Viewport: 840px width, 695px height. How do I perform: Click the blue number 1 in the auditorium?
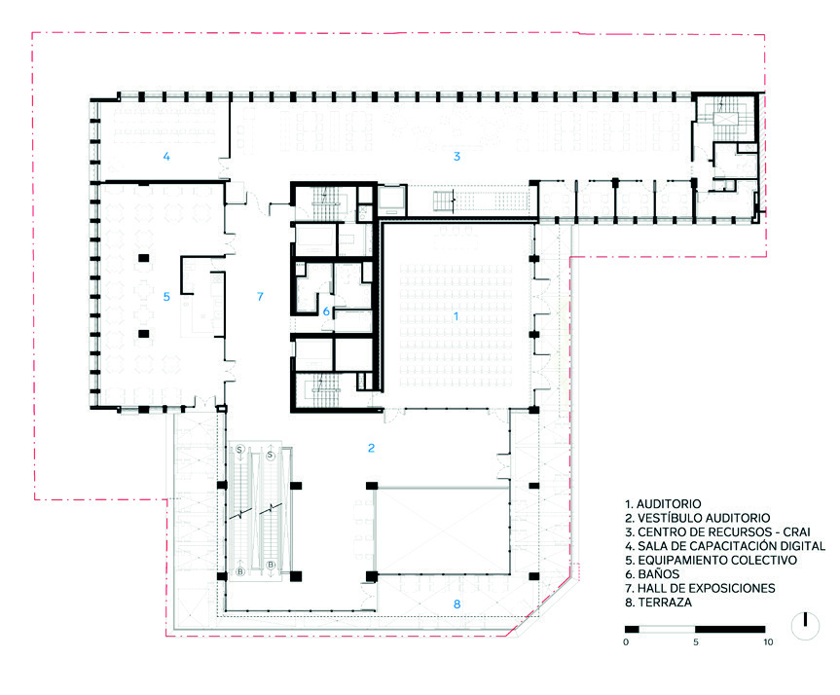click(x=456, y=316)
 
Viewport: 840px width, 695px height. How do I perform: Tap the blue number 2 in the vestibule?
click(x=371, y=448)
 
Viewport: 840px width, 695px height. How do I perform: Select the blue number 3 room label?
click(x=457, y=157)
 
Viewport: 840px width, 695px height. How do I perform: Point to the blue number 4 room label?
click(x=166, y=157)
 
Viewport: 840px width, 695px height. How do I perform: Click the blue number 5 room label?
click(x=166, y=296)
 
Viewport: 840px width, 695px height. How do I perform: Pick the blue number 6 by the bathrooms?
click(x=326, y=311)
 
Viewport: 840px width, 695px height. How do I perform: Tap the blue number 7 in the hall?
click(x=260, y=296)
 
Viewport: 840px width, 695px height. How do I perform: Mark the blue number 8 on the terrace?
click(x=457, y=604)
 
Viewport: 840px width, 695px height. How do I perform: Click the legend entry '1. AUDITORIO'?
click(x=663, y=503)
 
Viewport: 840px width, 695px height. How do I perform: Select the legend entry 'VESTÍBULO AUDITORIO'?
click(x=704, y=518)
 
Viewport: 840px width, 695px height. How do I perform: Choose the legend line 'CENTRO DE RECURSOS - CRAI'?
click(x=724, y=532)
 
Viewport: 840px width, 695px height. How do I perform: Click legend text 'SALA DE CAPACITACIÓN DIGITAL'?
click(x=731, y=546)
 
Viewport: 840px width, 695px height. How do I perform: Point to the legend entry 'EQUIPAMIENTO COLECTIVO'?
click(x=717, y=560)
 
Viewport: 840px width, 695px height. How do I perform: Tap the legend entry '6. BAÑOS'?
click(x=652, y=574)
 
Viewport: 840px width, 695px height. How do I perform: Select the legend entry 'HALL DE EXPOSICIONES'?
click(x=706, y=588)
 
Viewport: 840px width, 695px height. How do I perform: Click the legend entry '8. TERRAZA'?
click(x=658, y=603)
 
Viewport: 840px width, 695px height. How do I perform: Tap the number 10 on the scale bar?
click(x=768, y=642)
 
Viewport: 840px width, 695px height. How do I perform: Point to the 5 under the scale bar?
click(x=695, y=642)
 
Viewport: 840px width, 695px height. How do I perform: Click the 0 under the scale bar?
click(x=626, y=642)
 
